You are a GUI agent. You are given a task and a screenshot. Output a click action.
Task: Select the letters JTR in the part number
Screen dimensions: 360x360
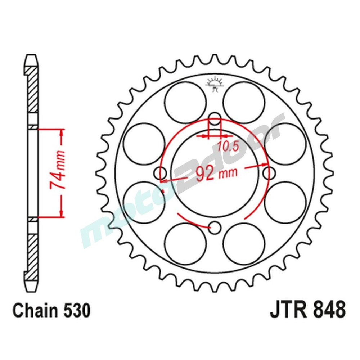(x=286, y=310)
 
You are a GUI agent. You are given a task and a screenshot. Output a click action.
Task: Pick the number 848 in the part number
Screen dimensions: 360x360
(x=327, y=310)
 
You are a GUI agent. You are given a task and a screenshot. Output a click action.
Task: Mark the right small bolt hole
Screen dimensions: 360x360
(x=267, y=174)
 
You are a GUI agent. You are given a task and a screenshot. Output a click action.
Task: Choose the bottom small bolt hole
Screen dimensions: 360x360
(x=215, y=227)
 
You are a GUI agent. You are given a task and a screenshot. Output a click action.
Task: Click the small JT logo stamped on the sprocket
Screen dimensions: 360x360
(x=215, y=85)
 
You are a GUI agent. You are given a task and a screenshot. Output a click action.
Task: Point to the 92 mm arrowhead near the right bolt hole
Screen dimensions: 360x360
(x=262, y=166)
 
